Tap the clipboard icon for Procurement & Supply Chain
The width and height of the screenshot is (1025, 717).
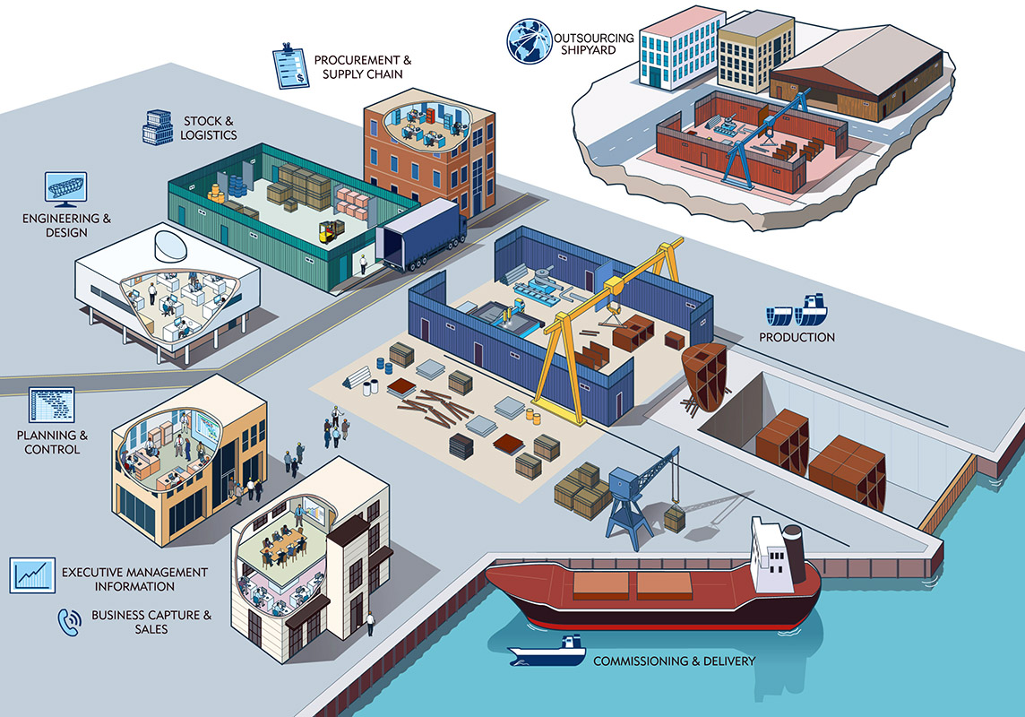tap(290, 65)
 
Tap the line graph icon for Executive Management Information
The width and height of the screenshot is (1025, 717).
tap(33, 574)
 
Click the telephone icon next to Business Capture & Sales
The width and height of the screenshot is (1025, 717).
tap(70, 621)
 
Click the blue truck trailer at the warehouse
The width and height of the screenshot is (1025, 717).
tap(421, 235)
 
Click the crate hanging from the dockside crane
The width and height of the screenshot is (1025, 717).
tap(674, 519)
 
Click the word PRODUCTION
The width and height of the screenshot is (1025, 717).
tap(797, 337)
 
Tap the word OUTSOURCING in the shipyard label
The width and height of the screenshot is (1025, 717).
tap(594, 38)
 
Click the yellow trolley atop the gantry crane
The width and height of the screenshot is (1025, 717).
tap(614, 285)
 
